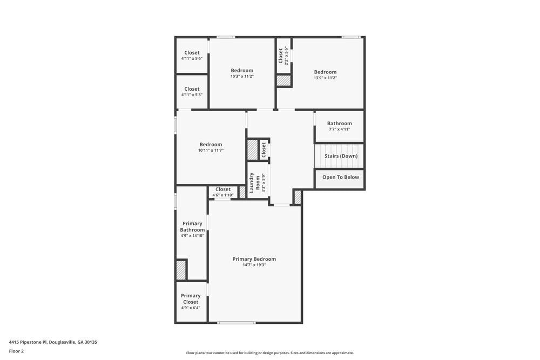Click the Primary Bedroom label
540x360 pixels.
[x=254, y=259]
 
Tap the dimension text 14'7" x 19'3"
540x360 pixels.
[x=254, y=265]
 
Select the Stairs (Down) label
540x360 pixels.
[x=341, y=156]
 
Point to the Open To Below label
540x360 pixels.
[x=340, y=177]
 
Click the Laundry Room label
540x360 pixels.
[x=254, y=182]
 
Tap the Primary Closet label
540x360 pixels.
[x=191, y=298]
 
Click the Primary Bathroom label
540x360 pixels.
[x=192, y=227]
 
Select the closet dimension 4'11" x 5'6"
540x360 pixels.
[x=192, y=58]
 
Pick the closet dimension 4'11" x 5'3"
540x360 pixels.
[x=192, y=95]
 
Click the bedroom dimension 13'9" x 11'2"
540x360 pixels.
[x=325, y=78]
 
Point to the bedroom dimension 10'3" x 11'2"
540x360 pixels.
[x=242, y=77]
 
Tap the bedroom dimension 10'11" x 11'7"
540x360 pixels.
[x=211, y=151]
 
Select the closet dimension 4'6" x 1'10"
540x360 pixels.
[x=222, y=195]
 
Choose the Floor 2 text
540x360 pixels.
[x=16, y=351]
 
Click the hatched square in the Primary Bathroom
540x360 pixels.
[x=181, y=270]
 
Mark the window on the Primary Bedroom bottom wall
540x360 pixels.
[x=237, y=323]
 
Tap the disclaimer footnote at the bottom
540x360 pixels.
[x=270, y=352]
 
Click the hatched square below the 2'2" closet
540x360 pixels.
[x=283, y=80]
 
